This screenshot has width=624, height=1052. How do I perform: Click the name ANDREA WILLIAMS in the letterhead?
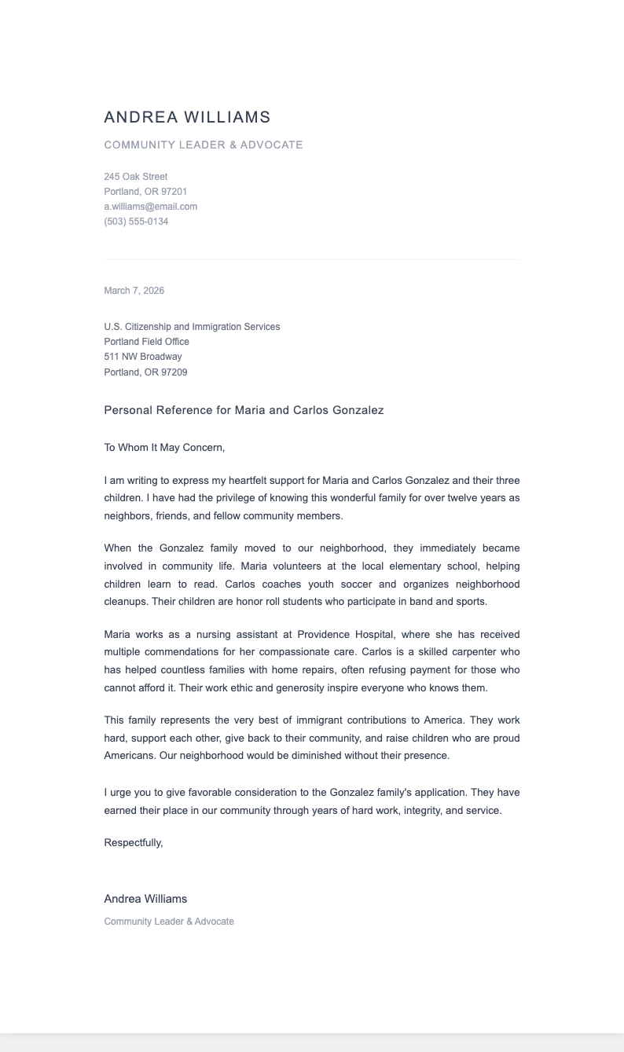pos(187,117)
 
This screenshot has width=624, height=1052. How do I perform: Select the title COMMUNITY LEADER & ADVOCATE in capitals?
pos(204,145)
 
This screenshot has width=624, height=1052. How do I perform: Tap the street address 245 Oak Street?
pos(135,177)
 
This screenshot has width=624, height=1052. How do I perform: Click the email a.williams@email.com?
pos(150,207)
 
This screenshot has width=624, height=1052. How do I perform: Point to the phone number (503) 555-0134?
pos(136,222)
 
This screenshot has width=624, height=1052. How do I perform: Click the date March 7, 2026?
pos(134,291)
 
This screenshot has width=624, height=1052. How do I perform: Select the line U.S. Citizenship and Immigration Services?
pos(192,327)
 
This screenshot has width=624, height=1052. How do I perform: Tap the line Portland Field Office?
pos(146,342)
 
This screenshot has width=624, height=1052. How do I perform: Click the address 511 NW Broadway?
pos(142,357)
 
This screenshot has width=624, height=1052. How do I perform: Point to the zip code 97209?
pos(174,372)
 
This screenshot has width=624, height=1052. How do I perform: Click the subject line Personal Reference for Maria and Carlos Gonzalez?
pos(244,410)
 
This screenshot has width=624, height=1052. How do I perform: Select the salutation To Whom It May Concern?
pos(164,448)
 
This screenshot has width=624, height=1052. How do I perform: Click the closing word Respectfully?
pos(133,843)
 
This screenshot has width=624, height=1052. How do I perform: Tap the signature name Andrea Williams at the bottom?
pos(145,899)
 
